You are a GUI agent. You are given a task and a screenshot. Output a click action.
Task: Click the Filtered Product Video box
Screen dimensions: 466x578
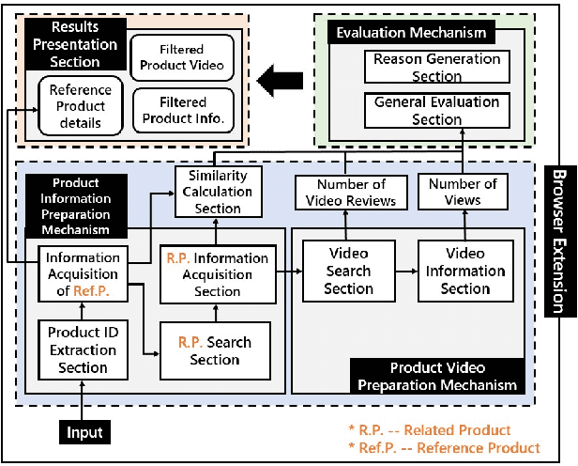click(180, 56)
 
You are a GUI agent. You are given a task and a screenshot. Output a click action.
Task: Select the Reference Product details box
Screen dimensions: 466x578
click(80, 106)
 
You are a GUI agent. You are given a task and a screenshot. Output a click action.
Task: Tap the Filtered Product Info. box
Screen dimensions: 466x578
click(182, 111)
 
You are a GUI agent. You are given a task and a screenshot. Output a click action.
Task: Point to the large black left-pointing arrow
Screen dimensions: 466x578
click(285, 82)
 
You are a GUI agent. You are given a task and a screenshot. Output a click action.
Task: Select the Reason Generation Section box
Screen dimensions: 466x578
click(437, 68)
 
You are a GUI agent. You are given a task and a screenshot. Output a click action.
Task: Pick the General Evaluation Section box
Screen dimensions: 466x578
click(437, 111)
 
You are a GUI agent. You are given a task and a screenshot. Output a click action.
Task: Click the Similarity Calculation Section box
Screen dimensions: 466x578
click(217, 186)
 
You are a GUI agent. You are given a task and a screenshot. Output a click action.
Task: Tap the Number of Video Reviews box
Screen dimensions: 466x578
click(348, 192)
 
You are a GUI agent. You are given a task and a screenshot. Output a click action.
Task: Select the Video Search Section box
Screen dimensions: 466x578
click(348, 271)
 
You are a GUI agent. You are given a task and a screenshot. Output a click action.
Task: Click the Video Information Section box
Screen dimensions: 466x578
click(465, 271)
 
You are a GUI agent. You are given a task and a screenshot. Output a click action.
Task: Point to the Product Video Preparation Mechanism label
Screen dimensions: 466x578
click(434, 376)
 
